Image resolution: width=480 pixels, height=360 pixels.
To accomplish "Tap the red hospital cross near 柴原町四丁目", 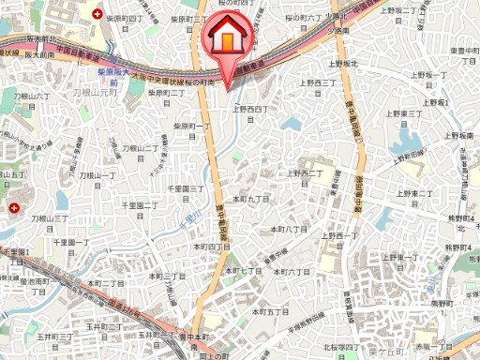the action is pyautogui.click(x=99, y=14).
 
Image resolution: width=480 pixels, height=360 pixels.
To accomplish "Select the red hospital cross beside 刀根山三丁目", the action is pyautogui.click(x=13, y=207).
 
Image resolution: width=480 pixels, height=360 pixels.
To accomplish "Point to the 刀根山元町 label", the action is pyautogui.click(x=93, y=93).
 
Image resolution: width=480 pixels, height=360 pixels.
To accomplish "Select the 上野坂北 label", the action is pyautogui.click(x=342, y=64).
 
